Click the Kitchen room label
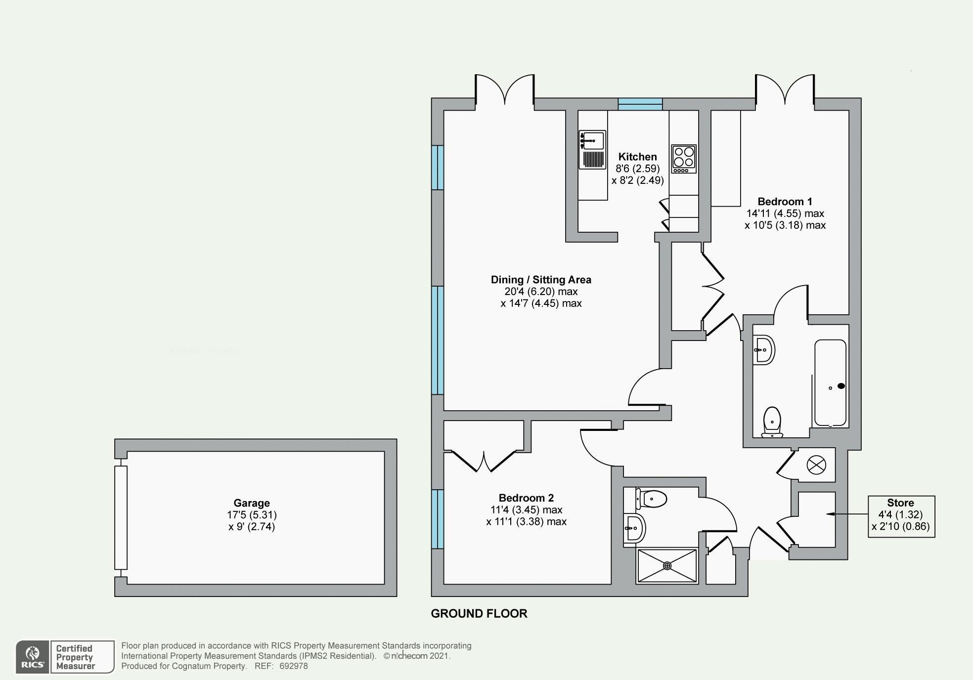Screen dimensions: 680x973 [637, 157]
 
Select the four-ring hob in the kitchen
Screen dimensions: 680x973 [683, 159]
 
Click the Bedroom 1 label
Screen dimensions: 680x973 [785, 202]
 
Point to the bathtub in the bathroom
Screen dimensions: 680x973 [830, 383]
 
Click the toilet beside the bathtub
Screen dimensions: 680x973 [772, 422]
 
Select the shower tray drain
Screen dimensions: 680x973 [667, 565]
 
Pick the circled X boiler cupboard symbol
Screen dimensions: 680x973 [816, 465]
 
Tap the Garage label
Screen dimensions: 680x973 [252, 503]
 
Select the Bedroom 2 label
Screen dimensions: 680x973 [526, 498]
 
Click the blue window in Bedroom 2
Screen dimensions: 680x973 [438, 519]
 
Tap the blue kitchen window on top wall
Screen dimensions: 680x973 [640, 104]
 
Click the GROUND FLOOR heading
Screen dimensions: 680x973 [479, 613]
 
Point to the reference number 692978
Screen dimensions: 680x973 [294, 666]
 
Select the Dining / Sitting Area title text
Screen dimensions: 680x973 [541, 280]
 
